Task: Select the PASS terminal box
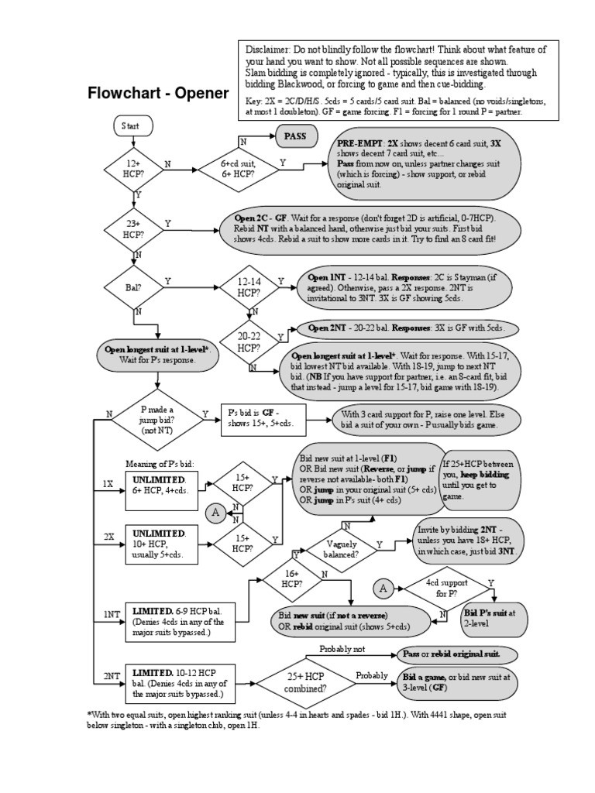click(x=295, y=136)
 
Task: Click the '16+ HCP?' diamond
click(x=291, y=578)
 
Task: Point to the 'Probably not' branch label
click(x=342, y=650)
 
